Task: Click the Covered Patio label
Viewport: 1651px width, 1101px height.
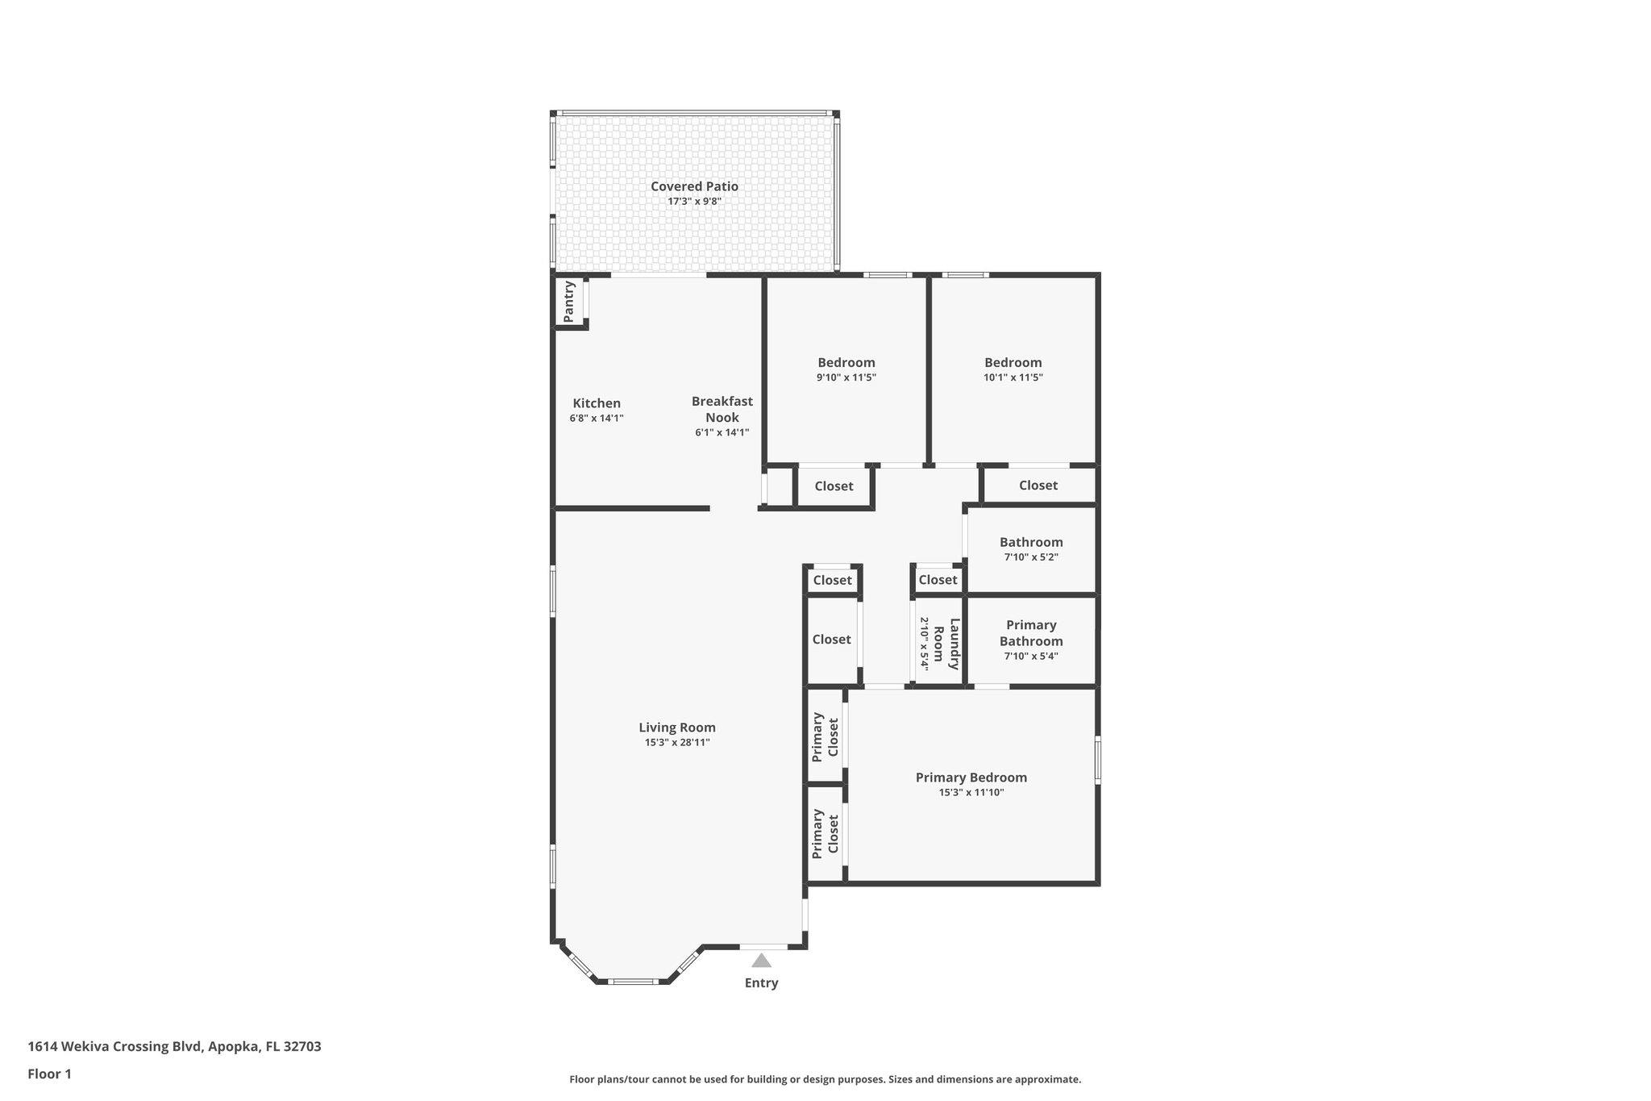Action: pos(694,186)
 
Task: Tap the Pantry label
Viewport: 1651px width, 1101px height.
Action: pos(569,301)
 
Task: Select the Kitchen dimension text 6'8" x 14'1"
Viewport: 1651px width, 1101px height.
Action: pos(597,418)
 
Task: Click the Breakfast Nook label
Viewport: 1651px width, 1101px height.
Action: pos(722,409)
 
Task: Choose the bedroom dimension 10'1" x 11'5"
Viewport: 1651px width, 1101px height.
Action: pos(1013,377)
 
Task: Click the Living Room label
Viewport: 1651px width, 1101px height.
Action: pos(677,727)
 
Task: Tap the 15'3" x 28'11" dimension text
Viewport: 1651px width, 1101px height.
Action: pos(677,742)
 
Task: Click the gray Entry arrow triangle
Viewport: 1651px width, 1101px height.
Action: pos(761,961)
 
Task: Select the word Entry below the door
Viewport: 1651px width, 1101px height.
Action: pos(761,982)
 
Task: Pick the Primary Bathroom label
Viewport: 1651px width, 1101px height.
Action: pos(1031,633)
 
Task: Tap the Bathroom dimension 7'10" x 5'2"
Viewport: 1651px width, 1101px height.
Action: pos(1031,557)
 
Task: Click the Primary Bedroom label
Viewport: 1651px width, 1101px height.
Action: pos(971,778)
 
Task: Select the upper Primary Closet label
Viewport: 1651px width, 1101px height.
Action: pos(825,736)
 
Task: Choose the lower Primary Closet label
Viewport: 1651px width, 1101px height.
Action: pos(825,833)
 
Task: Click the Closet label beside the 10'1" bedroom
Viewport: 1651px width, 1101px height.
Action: pos(1038,485)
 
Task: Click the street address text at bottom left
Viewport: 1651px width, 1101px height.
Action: pos(174,1046)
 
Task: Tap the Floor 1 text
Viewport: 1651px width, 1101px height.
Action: pos(50,1074)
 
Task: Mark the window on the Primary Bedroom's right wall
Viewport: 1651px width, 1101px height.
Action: pos(1097,759)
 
